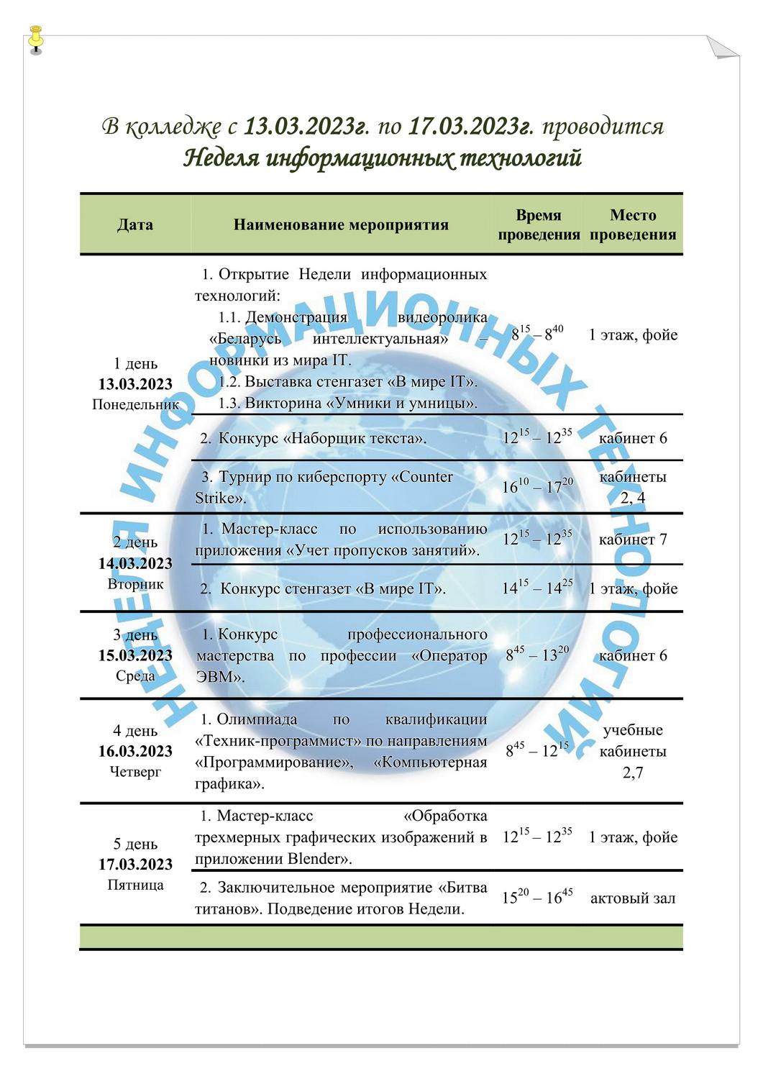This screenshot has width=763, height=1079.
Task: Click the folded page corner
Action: pyautogui.click(x=721, y=47)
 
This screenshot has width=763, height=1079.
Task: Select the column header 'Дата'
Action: pyautogui.click(x=135, y=224)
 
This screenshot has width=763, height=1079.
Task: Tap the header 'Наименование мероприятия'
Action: pyautogui.click(x=341, y=224)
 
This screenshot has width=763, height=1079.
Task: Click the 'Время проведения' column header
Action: pyautogui.click(x=539, y=224)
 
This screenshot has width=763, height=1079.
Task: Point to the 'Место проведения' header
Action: pyautogui.click(x=633, y=224)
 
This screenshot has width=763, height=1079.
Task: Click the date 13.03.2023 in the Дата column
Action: pyautogui.click(x=135, y=384)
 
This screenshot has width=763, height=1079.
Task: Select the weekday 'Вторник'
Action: pyautogui.click(x=135, y=584)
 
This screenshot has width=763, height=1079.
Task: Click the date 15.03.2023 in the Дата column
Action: pyautogui.click(x=135, y=655)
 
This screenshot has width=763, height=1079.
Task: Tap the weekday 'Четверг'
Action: pyautogui.click(x=135, y=772)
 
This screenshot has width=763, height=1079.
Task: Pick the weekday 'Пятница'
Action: pyautogui.click(x=135, y=885)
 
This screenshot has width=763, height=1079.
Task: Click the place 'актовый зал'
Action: pyautogui.click(x=633, y=898)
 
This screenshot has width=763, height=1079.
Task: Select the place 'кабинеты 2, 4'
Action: pyautogui.click(x=633, y=487)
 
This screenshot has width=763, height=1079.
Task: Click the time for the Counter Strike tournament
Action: pyautogui.click(x=537, y=487)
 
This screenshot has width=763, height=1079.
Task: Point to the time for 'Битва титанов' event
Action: pyautogui.click(x=537, y=898)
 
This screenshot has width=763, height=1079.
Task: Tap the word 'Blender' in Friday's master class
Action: pyautogui.click(x=313, y=859)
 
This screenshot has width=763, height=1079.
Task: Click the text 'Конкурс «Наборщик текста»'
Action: pyautogui.click(x=322, y=438)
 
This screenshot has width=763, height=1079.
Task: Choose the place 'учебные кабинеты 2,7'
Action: pyautogui.click(x=633, y=752)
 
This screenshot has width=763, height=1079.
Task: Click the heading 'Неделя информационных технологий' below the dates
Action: pyautogui.click(x=382, y=158)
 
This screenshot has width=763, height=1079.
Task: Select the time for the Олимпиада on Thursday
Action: pyautogui.click(x=537, y=751)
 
